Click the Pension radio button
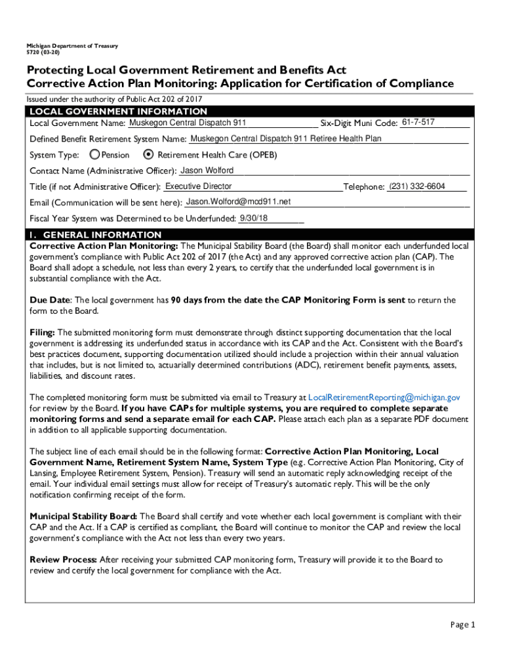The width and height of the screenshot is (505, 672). click(x=95, y=155)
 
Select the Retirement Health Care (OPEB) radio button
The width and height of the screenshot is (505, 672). click(x=148, y=155)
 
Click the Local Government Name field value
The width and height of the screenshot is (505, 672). click(x=188, y=123)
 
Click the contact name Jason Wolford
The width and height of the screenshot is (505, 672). click(x=207, y=171)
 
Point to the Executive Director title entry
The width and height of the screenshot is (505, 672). click(x=199, y=186)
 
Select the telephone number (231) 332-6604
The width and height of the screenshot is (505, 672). click(x=417, y=186)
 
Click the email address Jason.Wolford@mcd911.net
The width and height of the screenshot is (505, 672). click(x=238, y=201)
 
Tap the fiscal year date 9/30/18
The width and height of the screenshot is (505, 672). click(x=254, y=217)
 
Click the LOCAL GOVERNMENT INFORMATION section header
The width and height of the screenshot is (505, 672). click(x=119, y=112)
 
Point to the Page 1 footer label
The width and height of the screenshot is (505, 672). click(x=462, y=625)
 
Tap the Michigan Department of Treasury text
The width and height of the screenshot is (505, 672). click(x=72, y=46)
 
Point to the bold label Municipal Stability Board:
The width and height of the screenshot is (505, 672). click(x=83, y=516)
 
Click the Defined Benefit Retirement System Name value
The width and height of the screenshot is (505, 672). click(x=285, y=138)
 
